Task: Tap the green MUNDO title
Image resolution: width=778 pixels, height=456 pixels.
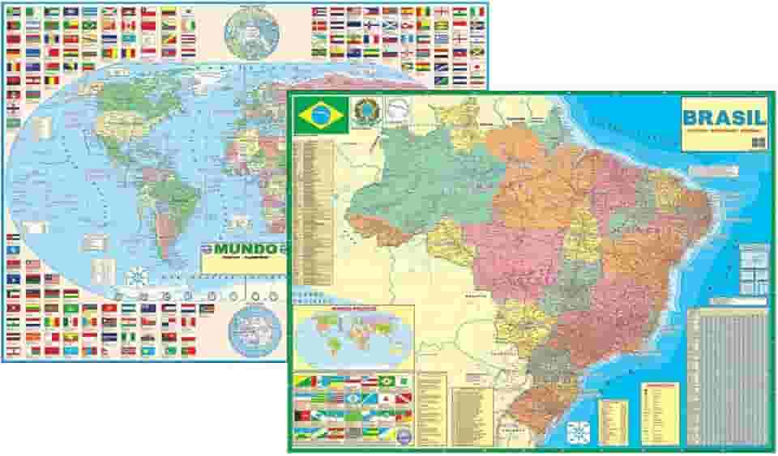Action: point(241,248)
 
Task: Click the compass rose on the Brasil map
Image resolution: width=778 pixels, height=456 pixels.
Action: point(579,429)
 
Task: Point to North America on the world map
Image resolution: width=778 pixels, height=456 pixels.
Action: point(122,121)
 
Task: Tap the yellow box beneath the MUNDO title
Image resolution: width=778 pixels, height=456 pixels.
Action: point(243,263)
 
